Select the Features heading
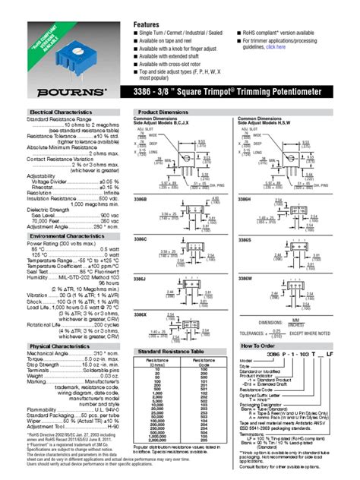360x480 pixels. pyautogui.click(x=147, y=24)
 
